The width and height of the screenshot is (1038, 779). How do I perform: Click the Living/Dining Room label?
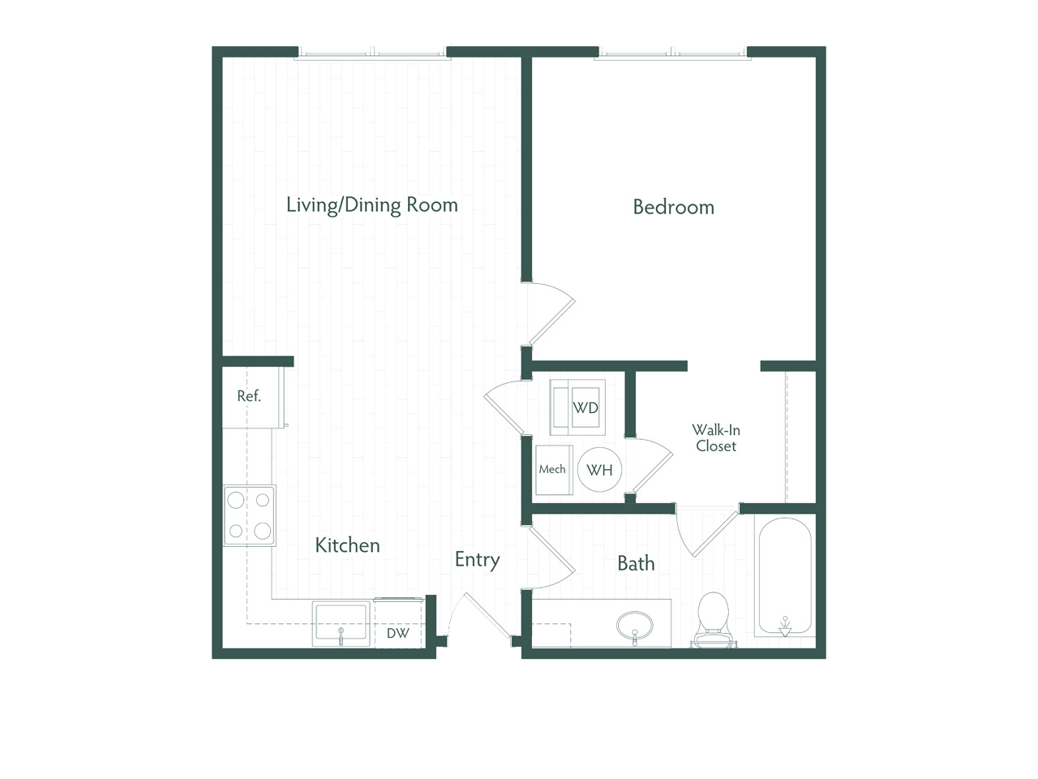(371, 205)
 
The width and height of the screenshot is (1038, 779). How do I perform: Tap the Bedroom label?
(673, 207)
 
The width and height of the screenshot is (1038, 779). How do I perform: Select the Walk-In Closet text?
(716, 438)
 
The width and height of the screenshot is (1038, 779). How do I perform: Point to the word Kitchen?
(348, 545)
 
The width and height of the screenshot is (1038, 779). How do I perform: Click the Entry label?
(477, 560)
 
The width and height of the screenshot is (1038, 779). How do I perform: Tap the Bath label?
(636, 563)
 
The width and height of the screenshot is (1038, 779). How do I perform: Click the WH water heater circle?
(599, 470)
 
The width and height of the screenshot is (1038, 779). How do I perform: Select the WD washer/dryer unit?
(577, 407)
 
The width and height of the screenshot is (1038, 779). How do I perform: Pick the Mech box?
(554, 470)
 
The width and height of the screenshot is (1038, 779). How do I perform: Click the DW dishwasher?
(398, 624)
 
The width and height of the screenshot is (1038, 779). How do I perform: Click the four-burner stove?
(249, 515)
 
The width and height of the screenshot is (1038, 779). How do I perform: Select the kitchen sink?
(341, 624)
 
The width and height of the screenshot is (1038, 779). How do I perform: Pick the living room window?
(372, 54)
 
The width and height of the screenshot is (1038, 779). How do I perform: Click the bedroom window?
(673, 54)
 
